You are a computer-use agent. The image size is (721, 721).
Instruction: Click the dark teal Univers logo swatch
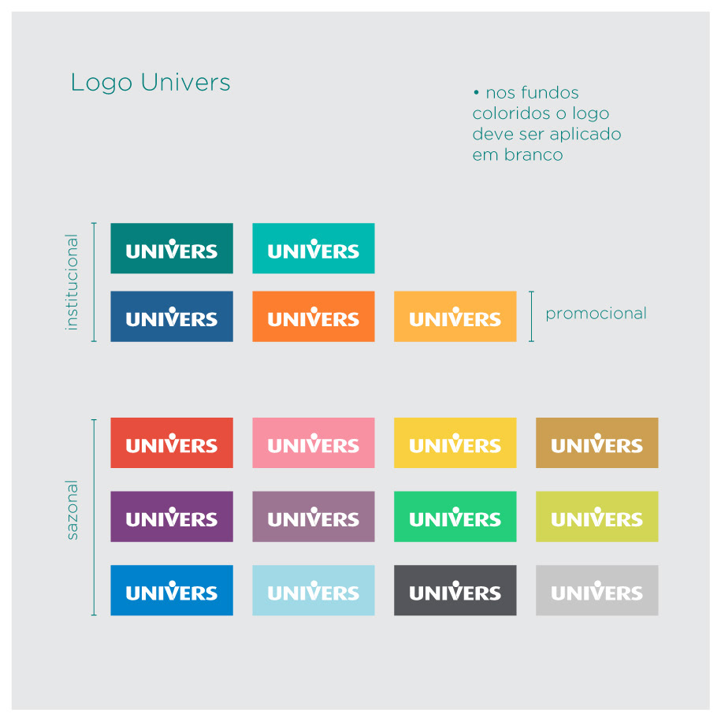pyautogui.click(x=172, y=248)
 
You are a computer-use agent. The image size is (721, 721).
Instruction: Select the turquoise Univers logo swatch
pyautogui.click(x=314, y=248)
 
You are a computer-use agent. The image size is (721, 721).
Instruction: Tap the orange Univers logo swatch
pyautogui.click(x=314, y=316)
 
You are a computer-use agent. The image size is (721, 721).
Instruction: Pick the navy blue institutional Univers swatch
pyautogui.click(x=172, y=316)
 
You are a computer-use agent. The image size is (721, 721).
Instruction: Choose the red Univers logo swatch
pyautogui.click(x=172, y=443)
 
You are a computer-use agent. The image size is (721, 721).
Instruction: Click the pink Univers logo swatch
pyautogui.click(x=314, y=443)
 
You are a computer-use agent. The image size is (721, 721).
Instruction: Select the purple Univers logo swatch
pyautogui.click(x=172, y=516)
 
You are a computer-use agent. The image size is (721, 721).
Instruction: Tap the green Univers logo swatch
pyautogui.click(x=455, y=516)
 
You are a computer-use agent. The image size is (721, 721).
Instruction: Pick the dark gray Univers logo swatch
pyautogui.click(x=455, y=590)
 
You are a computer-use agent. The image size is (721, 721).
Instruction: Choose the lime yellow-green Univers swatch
pyautogui.click(x=597, y=516)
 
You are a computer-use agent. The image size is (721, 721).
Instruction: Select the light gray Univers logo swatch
pyautogui.click(x=597, y=590)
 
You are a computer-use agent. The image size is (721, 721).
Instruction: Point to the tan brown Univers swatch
pyautogui.click(x=597, y=443)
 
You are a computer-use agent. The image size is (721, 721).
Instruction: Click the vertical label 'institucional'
pyautogui.click(x=72, y=282)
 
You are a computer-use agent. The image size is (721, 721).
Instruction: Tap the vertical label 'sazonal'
pyautogui.click(x=72, y=510)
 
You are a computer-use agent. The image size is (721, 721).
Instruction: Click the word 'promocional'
pyautogui.click(x=596, y=314)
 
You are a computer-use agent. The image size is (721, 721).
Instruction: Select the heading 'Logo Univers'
pyautogui.click(x=151, y=83)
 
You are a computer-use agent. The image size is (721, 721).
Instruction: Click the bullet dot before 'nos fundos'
pyautogui.click(x=476, y=92)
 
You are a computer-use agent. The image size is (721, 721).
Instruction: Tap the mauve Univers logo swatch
pyautogui.click(x=314, y=516)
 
